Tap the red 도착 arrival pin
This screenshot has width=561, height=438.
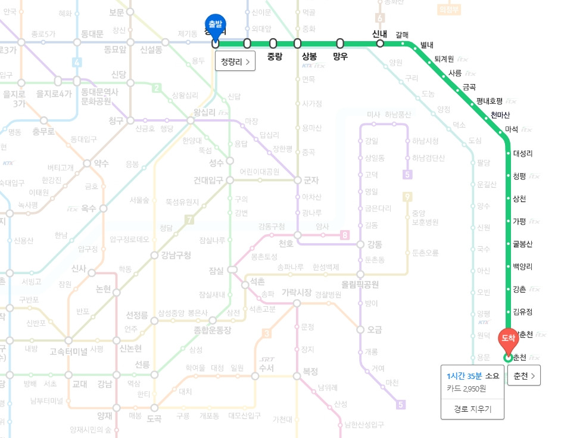508,339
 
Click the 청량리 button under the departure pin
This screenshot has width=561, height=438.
235,61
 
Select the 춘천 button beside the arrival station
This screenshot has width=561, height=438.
523,375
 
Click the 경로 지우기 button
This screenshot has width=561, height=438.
472,409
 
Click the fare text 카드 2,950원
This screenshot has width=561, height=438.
466,388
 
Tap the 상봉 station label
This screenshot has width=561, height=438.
310,57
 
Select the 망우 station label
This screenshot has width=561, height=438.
340,57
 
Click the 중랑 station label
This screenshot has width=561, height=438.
275,57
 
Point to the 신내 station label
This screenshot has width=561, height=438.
380,33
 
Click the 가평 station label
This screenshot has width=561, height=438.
519,221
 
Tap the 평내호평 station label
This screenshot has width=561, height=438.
490,101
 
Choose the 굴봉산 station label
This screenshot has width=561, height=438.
523,244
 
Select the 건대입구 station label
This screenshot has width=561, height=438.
208,180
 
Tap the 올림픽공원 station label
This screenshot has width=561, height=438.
360,284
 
